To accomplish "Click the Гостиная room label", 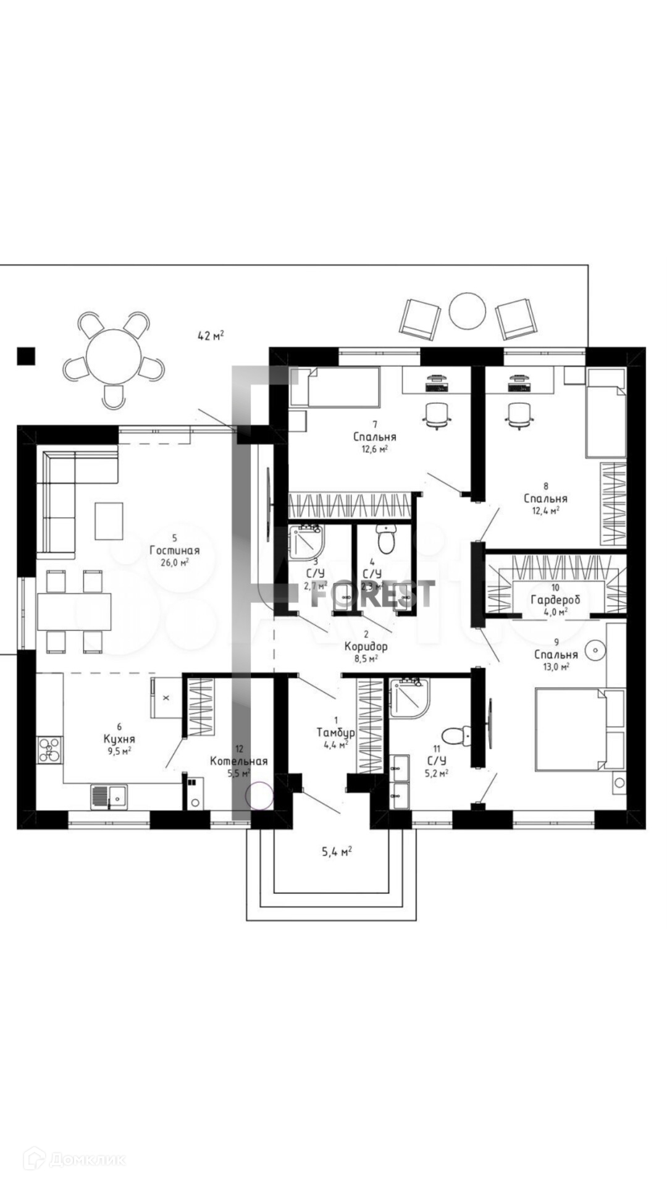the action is pos(175,550).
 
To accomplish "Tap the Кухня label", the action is pos(119,739).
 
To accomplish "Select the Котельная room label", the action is pos(238,761).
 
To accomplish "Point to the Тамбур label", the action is pos(335,733).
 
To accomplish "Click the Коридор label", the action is pos(366,647).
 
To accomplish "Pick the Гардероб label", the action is pos(555,600).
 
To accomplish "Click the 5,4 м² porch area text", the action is pos(337,852).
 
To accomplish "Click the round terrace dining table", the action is pos(114,356).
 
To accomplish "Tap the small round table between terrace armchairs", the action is pos(468,310).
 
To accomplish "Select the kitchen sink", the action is pos(109,796).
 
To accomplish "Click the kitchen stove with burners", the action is pos(49,750).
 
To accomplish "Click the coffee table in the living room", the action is pos(109,521).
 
